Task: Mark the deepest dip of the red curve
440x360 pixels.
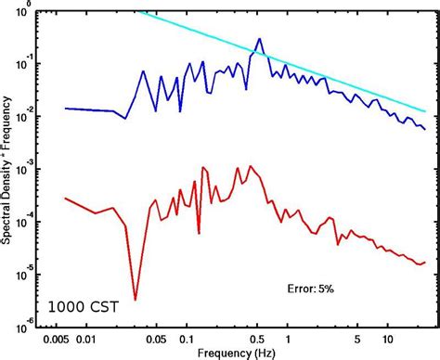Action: (136, 300)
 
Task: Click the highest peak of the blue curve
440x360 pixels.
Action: (260, 39)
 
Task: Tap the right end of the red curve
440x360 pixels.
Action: (426, 262)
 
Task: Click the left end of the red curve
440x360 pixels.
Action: (64, 198)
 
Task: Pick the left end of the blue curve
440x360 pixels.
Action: (64, 108)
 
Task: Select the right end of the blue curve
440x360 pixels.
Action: (426, 129)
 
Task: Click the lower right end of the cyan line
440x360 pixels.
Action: (426, 112)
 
